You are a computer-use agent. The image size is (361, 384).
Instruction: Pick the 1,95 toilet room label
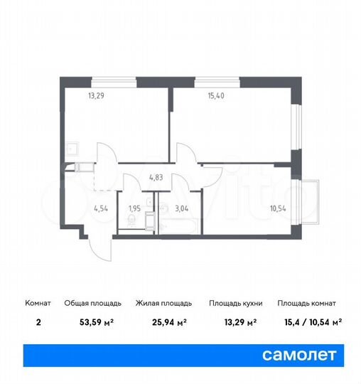134,208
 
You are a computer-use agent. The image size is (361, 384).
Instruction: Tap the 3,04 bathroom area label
181,208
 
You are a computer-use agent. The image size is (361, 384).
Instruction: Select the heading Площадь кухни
235,303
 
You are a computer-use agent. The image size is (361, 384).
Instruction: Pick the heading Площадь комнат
308,303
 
